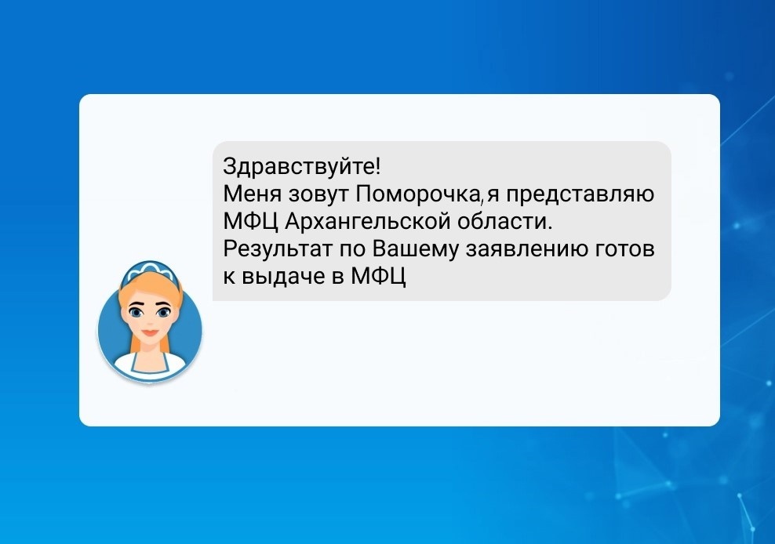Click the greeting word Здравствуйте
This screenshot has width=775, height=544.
pyautogui.click(x=299, y=167)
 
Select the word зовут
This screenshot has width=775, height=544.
pyautogui.click(x=318, y=194)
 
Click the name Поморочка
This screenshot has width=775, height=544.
pyautogui.click(x=417, y=194)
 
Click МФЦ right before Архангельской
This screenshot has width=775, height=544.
pyautogui.click(x=250, y=223)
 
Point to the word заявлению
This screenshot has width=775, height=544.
pyautogui.click(x=526, y=249)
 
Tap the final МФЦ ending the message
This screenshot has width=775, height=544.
pyautogui.click(x=378, y=277)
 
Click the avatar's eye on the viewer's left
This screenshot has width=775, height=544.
pyautogui.click(x=136, y=312)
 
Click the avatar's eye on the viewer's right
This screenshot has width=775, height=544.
pyautogui.click(x=163, y=312)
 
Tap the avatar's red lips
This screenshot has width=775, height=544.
pyautogui.click(x=150, y=333)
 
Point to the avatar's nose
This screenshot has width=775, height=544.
pyautogui.click(x=150, y=321)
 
